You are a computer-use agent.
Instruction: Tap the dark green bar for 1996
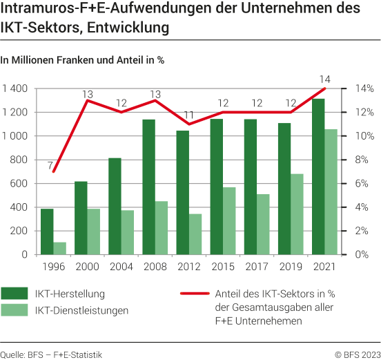pyautogui.click(x=47, y=231)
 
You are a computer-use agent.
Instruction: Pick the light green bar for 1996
pyautogui.click(x=60, y=248)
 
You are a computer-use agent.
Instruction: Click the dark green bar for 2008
pyautogui.click(x=149, y=187)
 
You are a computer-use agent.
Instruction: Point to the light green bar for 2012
pyautogui.click(x=196, y=234)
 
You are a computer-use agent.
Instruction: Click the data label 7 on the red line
pyautogui.click(x=50, y=164)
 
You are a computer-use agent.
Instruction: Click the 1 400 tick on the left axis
pyautogui.click(x=15, y=88)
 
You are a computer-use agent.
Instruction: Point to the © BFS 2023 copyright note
pyautogui.click(x=358, y=354)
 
